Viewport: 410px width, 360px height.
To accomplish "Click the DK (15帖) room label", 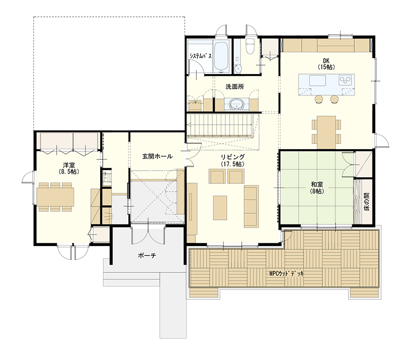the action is point(326,64).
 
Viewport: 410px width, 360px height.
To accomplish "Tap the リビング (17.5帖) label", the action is point(232,160).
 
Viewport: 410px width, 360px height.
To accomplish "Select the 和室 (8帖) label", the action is point(317,188).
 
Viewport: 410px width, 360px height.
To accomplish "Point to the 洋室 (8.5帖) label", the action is point(69,168).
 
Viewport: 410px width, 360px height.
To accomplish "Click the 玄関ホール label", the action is point(157,157).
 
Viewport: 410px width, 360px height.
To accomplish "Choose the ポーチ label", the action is point(147,255).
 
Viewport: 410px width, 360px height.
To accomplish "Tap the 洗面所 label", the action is point(235,87).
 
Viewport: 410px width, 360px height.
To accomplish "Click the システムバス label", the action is point(201,56).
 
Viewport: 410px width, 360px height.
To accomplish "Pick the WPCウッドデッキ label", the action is point(286,274).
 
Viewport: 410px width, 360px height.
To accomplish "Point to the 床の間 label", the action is point(366,202).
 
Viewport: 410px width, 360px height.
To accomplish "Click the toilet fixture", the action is point(250,46).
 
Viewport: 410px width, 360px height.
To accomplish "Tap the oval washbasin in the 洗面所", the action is point(237,104).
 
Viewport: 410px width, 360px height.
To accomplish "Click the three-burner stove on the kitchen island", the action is point(345,80).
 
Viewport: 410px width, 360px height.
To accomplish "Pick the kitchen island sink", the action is point(317,80).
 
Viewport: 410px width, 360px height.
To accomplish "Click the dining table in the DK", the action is point(326,132).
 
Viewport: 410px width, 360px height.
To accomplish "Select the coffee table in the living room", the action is point(220,208).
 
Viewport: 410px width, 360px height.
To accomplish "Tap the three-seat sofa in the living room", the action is point(251,206).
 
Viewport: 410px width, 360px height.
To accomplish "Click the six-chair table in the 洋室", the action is point(55,197).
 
